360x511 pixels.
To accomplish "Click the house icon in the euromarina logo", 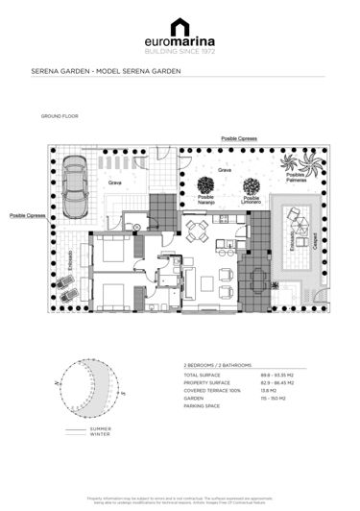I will click(x=180, y=27).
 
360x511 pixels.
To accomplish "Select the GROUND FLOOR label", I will click(x=60, y=115).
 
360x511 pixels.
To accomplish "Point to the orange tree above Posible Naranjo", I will click(x=205, y=184).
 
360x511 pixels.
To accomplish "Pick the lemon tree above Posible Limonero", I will click(x=252, y=184).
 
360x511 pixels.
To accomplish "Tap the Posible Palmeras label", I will click(x=296, y=178).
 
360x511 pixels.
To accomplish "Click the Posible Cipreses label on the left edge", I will click(x=28, y=216).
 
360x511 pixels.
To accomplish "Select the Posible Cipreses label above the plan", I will click(x=239, y=139).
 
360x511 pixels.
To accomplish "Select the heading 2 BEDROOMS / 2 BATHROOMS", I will click(x=218, y=366).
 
